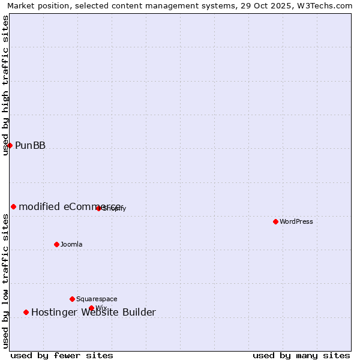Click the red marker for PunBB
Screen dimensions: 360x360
[10, 145]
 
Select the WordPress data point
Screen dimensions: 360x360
[275, 221]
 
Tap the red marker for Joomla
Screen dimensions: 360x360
[56, 244]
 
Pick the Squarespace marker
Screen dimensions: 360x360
[72, 299]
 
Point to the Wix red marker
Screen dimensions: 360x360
[91, 308]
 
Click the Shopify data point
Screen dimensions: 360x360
[98, 208]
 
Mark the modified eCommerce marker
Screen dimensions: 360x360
[13, 206]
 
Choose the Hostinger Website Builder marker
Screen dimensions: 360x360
[26, 312]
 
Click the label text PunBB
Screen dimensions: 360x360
[30, 145]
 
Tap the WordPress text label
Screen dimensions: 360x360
[296, 221]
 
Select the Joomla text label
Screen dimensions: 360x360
[71, 244]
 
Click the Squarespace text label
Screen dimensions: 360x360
[97, 299]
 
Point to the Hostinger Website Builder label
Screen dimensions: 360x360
[93, 312]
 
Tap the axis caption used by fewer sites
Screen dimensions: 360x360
[62, 356]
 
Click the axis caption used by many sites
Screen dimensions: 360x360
[301, 356]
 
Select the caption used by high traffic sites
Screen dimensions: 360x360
[6, 85]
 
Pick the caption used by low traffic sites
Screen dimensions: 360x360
[6, 282]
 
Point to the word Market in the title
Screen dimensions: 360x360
[22, 6]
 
